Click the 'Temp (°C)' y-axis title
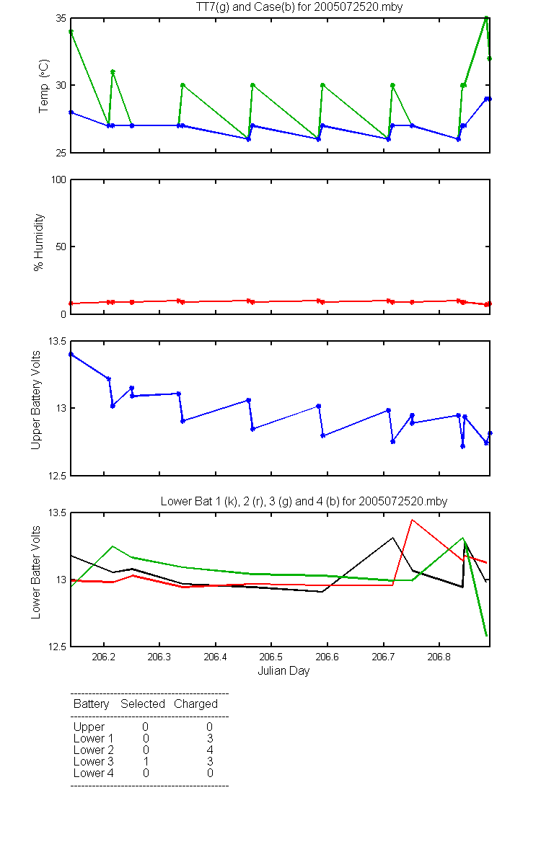[x=44, y=86]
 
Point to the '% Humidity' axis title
[x=39, y=242]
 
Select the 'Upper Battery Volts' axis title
[x=35, y=400]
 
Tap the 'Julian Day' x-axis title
[x=283, y=671]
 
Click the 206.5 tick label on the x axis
[x=271, y=657]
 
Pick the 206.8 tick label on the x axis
[x=439, y=657]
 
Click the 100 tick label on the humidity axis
[x=58, y=179]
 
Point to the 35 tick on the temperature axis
[x=61, y=18]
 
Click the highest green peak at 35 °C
[x=486, y=18]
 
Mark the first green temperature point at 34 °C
[x=71, y=32]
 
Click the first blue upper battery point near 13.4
[x=71, y=354]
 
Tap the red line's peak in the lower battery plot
[x=413, y=520]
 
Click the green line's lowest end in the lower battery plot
[x=486, y=635]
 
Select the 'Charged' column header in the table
[x=195, y=704]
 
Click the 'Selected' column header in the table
[x=143, y=704]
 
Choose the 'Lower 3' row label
[x=94, y=761]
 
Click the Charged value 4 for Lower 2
[x=210, y=750]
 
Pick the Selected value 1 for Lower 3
[x=146, y=761]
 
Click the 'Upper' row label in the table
[x=89, y=727]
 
